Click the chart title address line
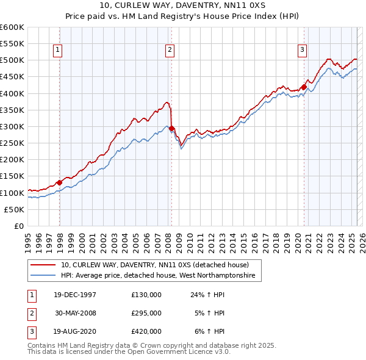[x=182, y=5]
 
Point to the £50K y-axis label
[x=13, y=209]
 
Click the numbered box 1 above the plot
[x=57, y=51]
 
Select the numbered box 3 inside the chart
[x=302, y=51]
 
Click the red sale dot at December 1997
[x=60, y=182]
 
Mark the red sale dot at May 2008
[x=172, y=128]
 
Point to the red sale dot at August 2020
[x=304, y=87]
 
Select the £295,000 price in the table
[x=146, y=313]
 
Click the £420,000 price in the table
[x=146, y=331]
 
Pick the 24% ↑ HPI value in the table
[x=207, y=295]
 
